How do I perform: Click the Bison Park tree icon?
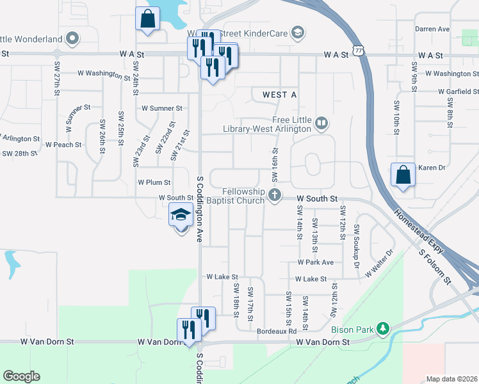(x=383, y=329)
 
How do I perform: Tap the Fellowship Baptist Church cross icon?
(x=275, y=195)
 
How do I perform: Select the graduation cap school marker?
(x=181, y=215)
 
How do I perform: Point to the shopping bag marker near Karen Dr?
(x=402, y=175)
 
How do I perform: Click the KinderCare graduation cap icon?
(x=296, y=32)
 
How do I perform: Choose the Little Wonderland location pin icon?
(x=72, y=38)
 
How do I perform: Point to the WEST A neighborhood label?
(x=280, y=95)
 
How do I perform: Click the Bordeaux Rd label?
(x=277, y=332)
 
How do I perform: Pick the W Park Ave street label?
(x=315, y=262)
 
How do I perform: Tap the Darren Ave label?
(x=432, y=29)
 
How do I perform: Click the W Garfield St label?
(x=458, y=92)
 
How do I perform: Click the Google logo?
(x=21, y=376)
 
